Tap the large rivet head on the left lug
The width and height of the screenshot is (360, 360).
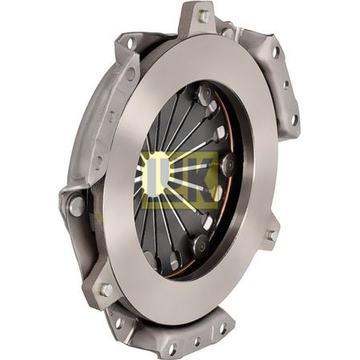(x=77, y=206)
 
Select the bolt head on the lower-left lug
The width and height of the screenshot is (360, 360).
(x=107, y=290)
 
